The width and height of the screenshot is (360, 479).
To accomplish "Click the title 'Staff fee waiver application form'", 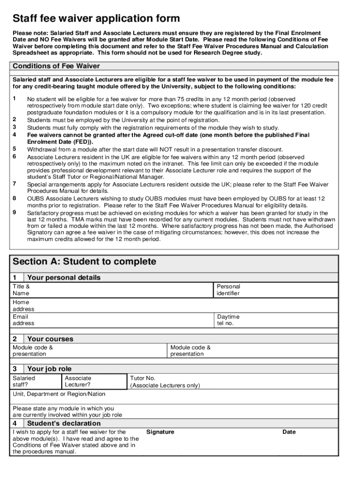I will [96, 18].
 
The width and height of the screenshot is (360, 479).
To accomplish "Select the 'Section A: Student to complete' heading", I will [84, 261].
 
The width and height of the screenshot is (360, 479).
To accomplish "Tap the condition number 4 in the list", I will [14, 135].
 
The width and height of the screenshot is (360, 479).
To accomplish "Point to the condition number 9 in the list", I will [14, 212].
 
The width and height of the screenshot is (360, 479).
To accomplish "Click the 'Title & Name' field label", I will [21, 290].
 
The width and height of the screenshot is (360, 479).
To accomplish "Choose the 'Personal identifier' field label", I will [228, 290].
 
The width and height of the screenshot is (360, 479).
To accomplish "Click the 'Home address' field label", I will [23, 305].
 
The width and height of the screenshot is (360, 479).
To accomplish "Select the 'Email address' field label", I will [23, 320].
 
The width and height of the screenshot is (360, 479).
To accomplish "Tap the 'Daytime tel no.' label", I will [228, 320].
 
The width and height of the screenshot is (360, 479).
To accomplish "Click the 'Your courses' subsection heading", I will [50, 339].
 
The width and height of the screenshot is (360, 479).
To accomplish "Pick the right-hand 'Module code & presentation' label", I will [190, 350].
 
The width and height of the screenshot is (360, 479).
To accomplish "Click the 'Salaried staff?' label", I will [24, 381].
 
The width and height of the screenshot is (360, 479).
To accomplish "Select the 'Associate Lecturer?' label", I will [78, 381].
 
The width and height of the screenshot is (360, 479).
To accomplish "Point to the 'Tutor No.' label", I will [143, 378].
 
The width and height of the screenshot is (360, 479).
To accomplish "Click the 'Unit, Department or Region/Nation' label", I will [59, 394].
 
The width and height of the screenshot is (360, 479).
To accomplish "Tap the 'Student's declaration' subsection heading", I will [64, 423].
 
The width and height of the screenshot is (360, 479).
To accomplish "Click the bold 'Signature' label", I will [160, 432].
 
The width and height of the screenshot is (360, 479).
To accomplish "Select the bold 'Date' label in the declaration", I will [289, 432].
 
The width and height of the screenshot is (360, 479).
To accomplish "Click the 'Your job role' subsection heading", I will [50, 369].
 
